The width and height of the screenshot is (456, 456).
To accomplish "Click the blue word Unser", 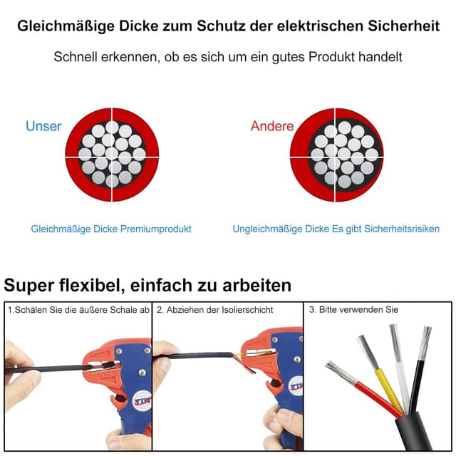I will tap(43, 126).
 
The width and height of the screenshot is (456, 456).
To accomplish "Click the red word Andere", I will tap(271, 126).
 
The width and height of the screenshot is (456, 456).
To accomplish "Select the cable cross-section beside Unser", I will tap(112, 154).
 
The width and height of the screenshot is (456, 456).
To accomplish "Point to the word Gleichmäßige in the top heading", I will tap(62, 26).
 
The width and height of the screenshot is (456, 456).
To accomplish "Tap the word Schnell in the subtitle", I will tap(79, 56).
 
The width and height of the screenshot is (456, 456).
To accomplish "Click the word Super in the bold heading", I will tap(29, 286).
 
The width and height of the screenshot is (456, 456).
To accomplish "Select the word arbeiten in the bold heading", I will tap(254, 286).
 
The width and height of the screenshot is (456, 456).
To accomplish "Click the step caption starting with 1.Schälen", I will tap(78, 310).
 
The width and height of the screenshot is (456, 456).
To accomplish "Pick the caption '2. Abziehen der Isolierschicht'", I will tap(215, 310).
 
